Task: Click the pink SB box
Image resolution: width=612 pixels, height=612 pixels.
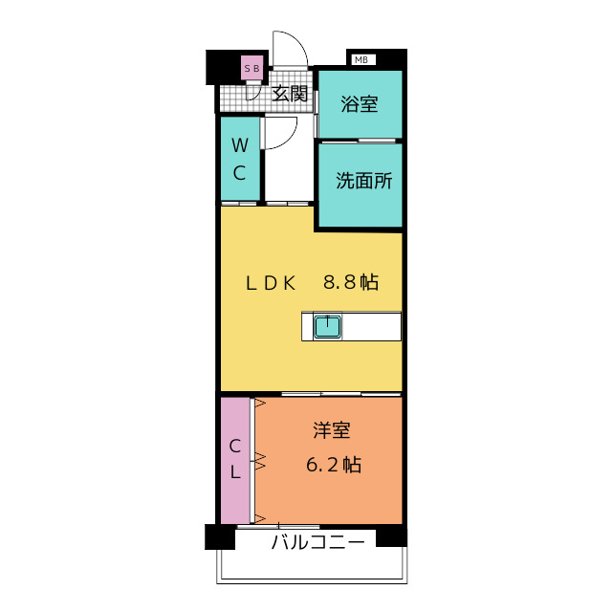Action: [x=252, y=68]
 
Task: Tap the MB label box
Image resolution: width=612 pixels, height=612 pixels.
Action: [x=361, y=59]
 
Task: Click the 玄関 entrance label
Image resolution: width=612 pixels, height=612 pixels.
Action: [x=290, y=94]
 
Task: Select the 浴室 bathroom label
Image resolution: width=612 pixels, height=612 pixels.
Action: [x=360, y=104]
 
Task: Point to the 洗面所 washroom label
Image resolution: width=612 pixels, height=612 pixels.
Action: [x=363, y=181]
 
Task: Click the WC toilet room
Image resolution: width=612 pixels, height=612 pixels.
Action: [x=240, y=160]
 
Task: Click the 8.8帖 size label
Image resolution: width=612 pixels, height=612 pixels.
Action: [x=350, y=282]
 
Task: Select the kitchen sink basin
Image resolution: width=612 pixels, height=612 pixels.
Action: [x=328, y=327]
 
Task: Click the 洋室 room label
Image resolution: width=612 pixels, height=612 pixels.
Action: [x=332, y=431]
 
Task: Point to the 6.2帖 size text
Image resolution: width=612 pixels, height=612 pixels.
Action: [x=333, y=466]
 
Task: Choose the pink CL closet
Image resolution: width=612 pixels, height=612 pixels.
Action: [x=234, y=459]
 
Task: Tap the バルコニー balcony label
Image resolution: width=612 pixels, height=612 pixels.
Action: [x=317, y=543]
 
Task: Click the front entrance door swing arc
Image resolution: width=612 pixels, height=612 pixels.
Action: [x=289, y=48]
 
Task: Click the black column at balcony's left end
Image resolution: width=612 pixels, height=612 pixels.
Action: [x=220, y=536]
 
